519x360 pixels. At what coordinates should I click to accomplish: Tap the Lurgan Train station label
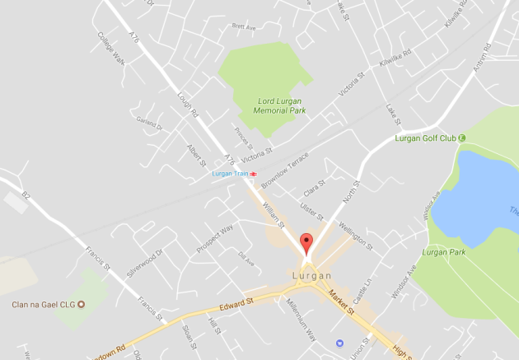coord(230,174)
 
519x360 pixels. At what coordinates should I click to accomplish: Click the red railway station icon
coord(254,174)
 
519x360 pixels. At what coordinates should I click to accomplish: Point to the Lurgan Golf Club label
coord(426,138)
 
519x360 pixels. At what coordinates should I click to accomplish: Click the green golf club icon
coord(461,138)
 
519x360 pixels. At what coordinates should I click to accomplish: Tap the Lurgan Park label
coord(444,252)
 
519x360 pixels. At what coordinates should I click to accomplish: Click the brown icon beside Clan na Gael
coord(81,304)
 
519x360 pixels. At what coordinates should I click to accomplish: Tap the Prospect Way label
coord(216,239)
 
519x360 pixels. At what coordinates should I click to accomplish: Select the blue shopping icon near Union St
coord(339,342)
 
